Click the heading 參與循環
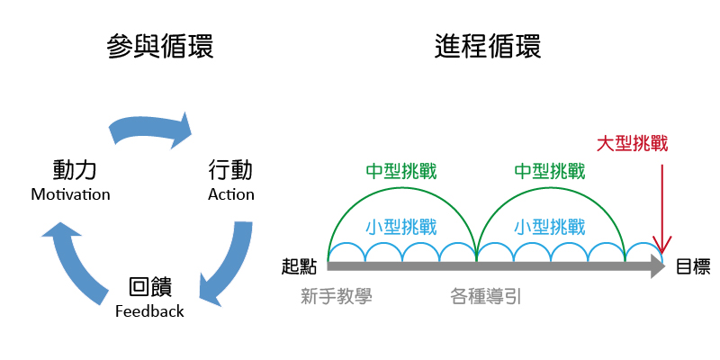(x=161, y=47)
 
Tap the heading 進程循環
(x=489, y=47)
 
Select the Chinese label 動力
(x=75, y=169)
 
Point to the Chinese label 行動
(x=230, y=169)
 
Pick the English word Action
(x=231, y=194)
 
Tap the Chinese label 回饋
(x=149, y=288)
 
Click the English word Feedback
(x=149, y=311)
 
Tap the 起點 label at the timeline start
(x=300, y=266)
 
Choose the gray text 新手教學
(x=337, y=294)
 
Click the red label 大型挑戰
(x=634, y=144)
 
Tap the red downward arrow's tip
(x=662, y=252)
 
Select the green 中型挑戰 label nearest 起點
(x=401, y=171)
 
